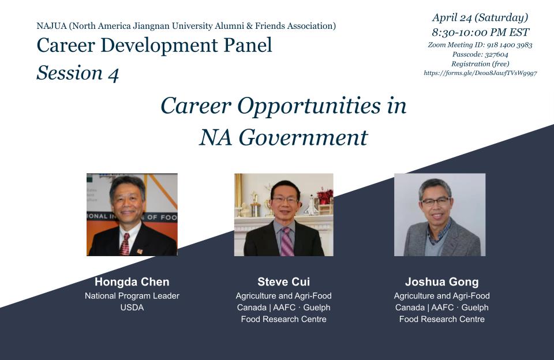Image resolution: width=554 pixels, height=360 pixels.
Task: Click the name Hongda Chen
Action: (132, 282)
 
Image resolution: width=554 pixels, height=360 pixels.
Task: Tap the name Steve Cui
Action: (283, 282)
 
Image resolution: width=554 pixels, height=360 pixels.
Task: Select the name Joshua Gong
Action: (441, 282)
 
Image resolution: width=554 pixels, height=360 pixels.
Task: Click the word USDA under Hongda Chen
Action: (132, 307)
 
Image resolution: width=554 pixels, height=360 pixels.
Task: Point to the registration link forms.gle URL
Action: (480, 73)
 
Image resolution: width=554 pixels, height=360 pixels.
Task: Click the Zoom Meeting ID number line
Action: (480, 45)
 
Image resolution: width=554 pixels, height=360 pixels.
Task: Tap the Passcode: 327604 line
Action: (480, 54)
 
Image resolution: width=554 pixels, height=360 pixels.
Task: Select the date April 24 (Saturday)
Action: (480, 17)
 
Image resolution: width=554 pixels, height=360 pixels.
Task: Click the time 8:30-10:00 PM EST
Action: (480, 32)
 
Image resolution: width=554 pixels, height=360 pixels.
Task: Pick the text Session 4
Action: (78, 73)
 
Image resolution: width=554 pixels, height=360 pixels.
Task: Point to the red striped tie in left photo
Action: (125, 244)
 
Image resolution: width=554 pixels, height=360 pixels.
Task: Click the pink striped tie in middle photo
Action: (287, 242)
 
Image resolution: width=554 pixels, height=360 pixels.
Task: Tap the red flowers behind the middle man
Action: (325, 196)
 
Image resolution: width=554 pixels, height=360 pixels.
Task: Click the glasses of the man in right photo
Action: (436, 202)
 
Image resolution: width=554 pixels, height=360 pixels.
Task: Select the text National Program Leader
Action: (132, 296)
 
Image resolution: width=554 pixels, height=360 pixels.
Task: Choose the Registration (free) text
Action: (480, 64)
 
